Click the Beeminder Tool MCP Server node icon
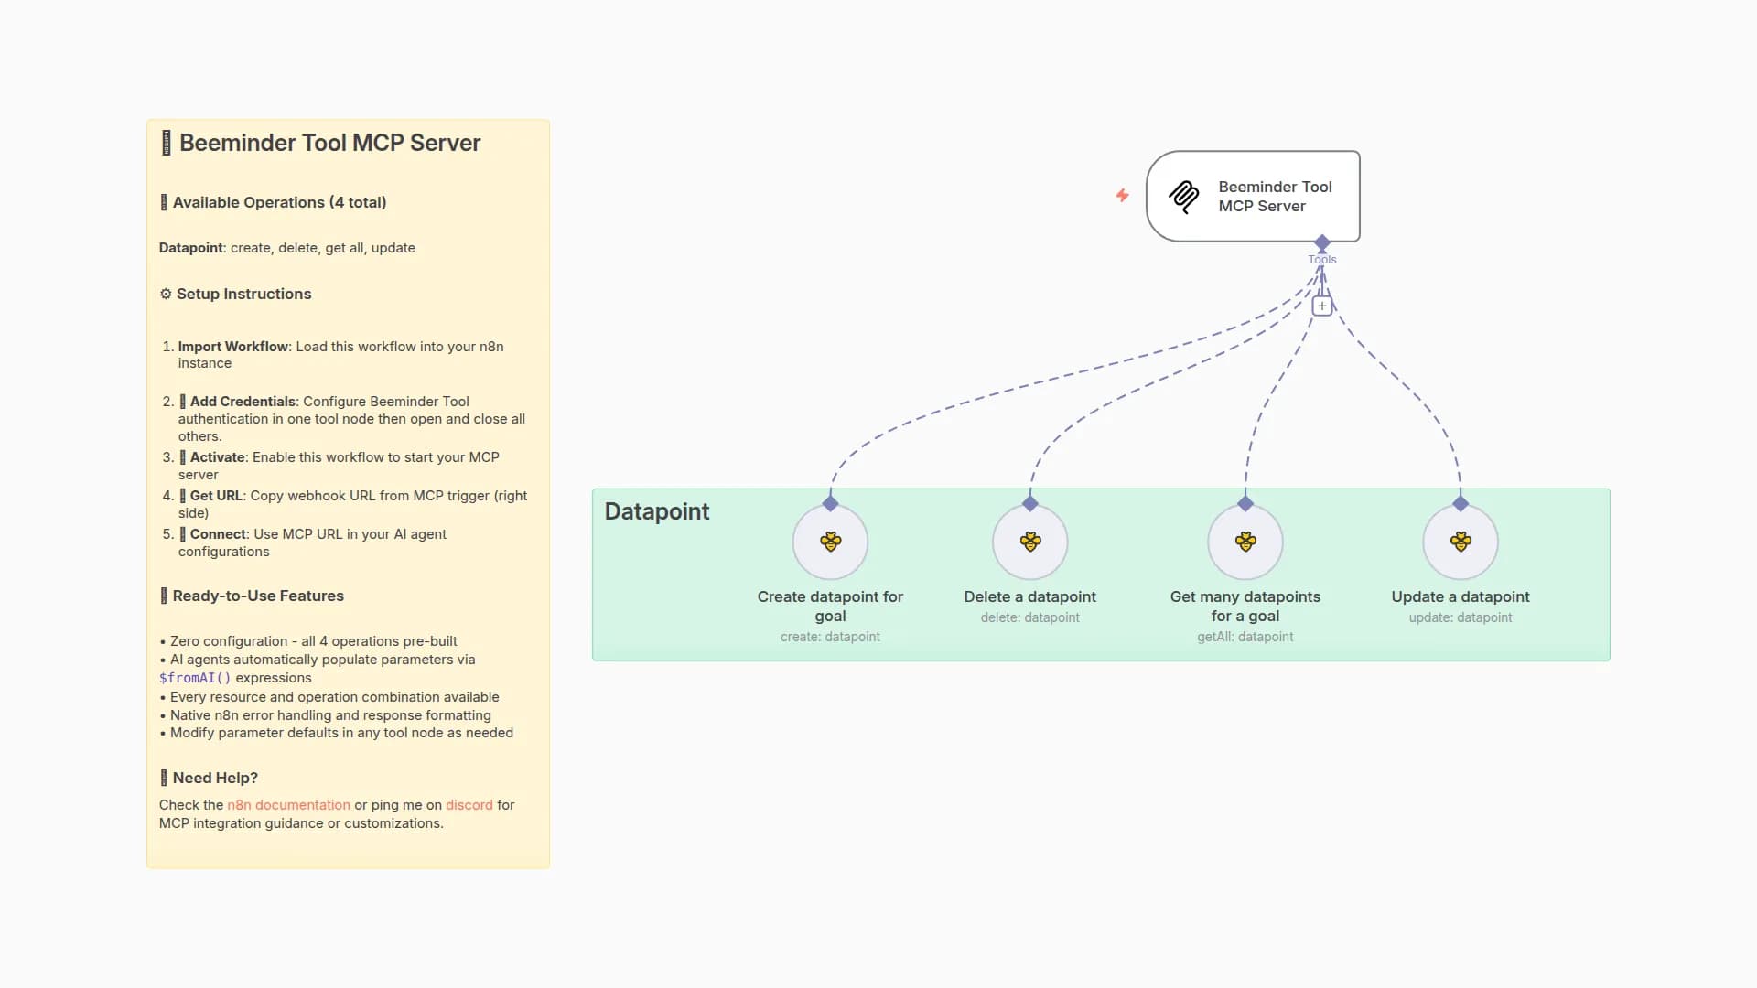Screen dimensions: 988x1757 (1183, 197)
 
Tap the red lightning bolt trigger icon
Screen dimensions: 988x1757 (1122, 195)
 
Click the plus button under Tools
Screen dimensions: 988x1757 (1321, 306)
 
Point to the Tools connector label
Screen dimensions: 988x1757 (1321, 260)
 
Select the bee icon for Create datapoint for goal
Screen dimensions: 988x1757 (830, 542)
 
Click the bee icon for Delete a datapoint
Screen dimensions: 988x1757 (1029, 542)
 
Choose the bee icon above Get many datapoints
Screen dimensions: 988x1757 (1245, 542)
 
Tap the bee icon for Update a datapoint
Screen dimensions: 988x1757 (1460, 542)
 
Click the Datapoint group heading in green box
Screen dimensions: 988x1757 (656, 511)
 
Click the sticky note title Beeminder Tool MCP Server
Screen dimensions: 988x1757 (329, 143)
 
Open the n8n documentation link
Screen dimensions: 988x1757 (288, 805)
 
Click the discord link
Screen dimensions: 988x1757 (469, 805)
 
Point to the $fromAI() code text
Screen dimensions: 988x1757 (195, 678)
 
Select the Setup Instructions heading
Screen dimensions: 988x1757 (243, 294)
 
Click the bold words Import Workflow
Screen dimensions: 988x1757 (232, 347)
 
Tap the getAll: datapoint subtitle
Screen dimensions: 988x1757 (1245, 637)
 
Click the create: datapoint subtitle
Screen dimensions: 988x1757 (830, 637)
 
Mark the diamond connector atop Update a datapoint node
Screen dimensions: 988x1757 (1460, 504)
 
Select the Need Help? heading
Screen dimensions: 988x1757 (215, 778)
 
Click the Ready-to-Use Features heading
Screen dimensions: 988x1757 (258, 596)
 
